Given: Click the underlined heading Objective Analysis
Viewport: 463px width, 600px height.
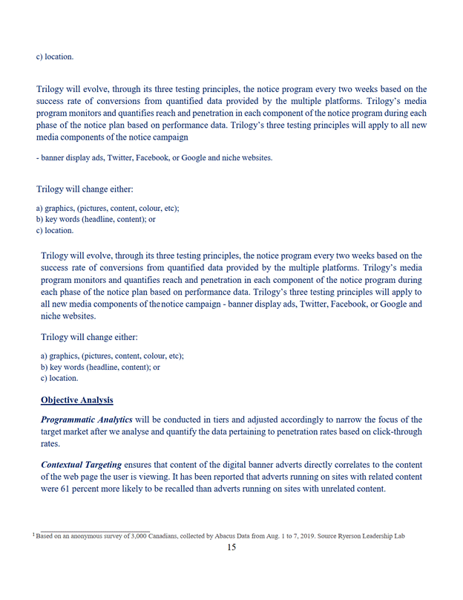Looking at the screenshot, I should tap(77, 400).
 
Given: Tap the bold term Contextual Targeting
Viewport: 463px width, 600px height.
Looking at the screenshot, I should tap(82, 464).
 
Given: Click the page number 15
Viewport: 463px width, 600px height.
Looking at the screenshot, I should tap(231, 547).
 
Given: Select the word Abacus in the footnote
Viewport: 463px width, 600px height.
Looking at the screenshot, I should tap(227, 535).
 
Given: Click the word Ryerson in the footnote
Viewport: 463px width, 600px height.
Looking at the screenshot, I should tap(350, 535).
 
